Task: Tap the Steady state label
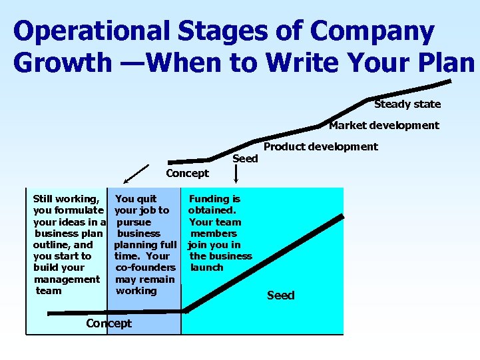(x=407, y=104)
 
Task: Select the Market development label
(x=384, y=125)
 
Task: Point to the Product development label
(x=320, y=146)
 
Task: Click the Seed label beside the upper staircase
(x=245, y=158)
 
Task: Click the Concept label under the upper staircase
(x=187, y=173)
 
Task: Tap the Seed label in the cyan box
(x=280, y=295)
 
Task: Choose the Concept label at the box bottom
(x=109, y=323)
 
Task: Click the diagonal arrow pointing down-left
(x=136, y=173)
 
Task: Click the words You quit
(x=136, y=198)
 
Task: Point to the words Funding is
(x=214, y=198)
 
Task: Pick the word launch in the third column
(x=206, y=268)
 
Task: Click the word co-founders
(x=145, y=268)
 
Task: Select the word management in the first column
(x=67, y=279)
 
